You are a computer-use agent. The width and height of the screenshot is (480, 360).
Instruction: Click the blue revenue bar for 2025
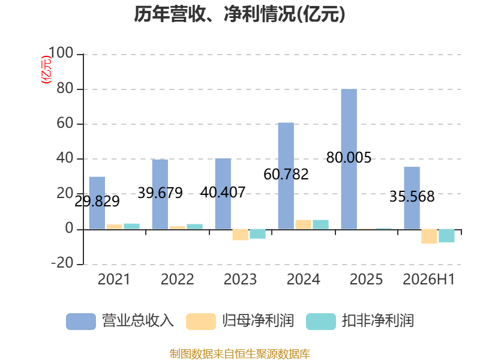[x=349, y=159]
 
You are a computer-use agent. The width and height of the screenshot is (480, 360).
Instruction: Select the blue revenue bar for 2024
[x=286, y=176]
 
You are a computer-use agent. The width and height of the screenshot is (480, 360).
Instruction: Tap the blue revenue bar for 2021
[x=97, y=203]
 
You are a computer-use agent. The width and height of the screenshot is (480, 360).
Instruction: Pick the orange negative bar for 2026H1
[x=429, y=236]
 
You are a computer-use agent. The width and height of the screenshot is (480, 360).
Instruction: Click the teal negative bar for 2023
[x=257, y=234]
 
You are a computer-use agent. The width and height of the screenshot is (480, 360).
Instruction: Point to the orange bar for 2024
[x=304, y=224]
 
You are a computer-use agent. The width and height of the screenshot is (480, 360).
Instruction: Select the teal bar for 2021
[x=131, y=226]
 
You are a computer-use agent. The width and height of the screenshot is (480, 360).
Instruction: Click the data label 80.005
[x=349, y=158]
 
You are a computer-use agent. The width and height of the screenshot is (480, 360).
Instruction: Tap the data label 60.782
[x=286, y=175]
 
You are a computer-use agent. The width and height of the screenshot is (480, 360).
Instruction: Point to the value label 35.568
[x=412, y=197]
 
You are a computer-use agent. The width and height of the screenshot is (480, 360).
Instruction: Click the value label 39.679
[x=160, y=193]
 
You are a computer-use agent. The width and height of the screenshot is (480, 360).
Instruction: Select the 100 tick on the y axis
[x=61, y=53]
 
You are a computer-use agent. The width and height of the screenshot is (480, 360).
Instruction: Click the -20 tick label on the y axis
[x=62, y=263]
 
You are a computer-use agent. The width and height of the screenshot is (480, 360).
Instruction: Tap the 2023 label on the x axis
[x=241, y=279]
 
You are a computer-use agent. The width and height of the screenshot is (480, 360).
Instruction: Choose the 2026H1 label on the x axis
[x=428, y=279]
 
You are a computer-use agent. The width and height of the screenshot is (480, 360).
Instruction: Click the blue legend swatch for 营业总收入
[x=81, y=322]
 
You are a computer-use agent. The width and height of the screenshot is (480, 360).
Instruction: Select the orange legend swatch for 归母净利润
[x=201, y=322]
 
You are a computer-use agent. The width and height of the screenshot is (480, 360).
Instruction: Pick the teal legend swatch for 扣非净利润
[x=321, y=322]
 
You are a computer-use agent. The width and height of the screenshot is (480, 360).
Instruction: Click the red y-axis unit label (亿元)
[x=47, y=70]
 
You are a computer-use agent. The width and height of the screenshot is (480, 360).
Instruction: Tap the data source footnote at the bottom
[x=240, y=354]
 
